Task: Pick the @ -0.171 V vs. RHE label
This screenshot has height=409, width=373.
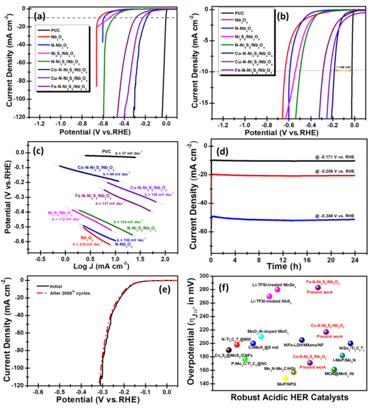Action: pyautogui.click(x=330, y=157)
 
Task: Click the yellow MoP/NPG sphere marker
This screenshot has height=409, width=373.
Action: pyautogui.click(x=285, y=378)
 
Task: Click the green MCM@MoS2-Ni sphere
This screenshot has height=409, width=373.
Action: pyautogui.click(x=334, y=370)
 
